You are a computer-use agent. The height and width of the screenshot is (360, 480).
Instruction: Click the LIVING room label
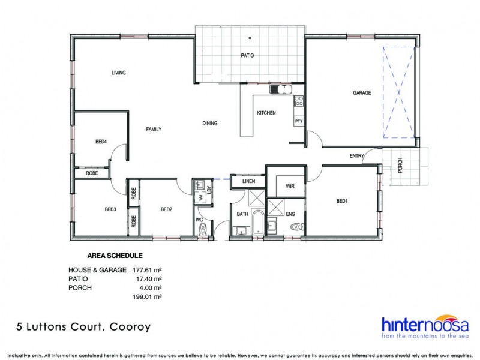(x=118, y=73)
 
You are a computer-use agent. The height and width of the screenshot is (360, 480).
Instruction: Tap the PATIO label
(x=247, y=55)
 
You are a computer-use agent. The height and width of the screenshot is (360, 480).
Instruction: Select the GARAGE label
(x=362, y=93)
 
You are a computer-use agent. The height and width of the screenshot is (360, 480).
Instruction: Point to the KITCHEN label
(x=266, y=113)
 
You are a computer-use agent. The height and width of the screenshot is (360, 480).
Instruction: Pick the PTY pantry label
(x=298, y=122)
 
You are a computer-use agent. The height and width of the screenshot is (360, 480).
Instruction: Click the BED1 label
(x=342, y=201)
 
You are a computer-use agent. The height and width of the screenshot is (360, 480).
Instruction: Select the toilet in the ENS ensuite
(x=296, y=227)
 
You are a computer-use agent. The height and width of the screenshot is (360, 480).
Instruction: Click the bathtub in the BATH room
(x=257, y=223)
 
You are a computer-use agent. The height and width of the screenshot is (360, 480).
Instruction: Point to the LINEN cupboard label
(x=248, y=181)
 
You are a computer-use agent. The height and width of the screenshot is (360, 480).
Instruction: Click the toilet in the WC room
(x=203, y=227)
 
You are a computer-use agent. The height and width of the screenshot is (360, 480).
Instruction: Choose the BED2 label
(x=166, y=209)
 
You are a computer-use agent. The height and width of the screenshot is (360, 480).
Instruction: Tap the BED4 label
(x=101, y=142)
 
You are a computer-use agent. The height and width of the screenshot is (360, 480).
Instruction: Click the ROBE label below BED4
(x=92, y=173)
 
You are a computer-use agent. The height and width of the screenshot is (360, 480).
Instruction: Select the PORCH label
(x=400, y=164)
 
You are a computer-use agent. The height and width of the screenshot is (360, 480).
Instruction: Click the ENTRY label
(x=357, y=156)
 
